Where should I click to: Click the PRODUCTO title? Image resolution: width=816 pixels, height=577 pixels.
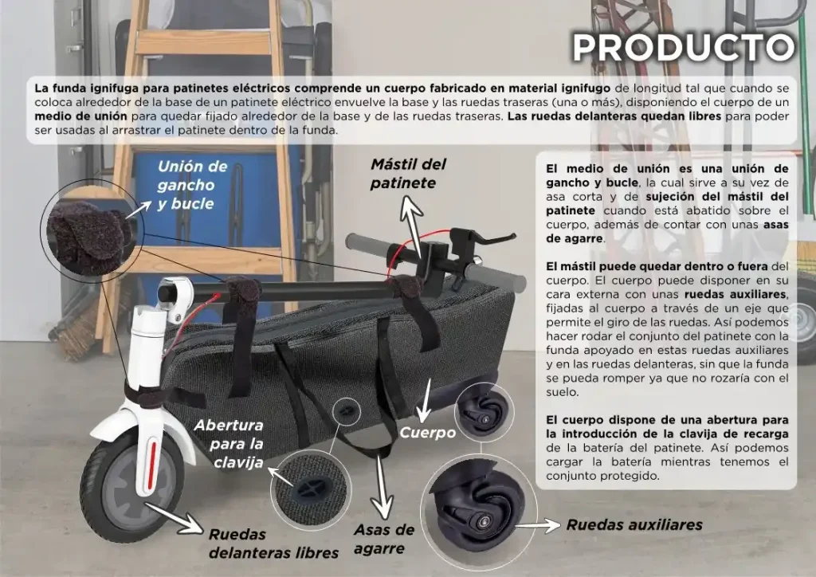(x=684, y=47)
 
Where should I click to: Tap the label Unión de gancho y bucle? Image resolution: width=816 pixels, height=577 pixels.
(x=193, y=185)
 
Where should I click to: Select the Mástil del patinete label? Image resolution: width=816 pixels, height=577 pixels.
(x=409, y=173)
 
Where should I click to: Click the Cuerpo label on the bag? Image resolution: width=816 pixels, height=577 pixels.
(x=427, y=433)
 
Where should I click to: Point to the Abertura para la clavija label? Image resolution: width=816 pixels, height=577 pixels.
(x=229, y=444)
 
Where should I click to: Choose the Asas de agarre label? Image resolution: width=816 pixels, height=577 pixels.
(x=384, y=539)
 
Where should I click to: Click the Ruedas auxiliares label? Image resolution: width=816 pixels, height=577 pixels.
(x=634, y=524)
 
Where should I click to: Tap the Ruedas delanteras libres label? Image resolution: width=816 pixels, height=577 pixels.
(x=274, y=544)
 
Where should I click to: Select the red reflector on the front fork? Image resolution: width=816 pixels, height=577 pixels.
(x=152, y=465)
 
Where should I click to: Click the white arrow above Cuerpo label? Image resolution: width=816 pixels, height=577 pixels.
(x=425, y=401)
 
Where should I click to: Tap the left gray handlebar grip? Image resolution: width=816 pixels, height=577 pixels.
(x=370, y=245)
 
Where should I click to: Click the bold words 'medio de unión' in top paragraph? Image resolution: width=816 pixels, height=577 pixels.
(x=80, y=116)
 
